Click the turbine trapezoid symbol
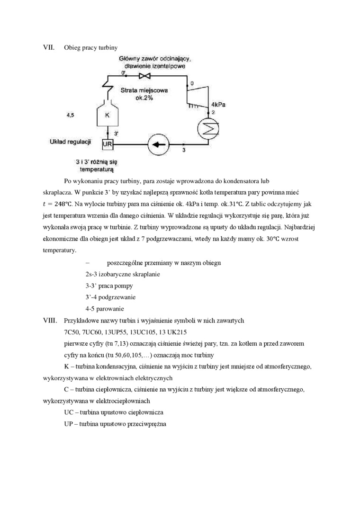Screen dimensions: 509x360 click(x=198, y=95)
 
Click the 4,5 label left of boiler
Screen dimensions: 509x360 click(x=70, y=115)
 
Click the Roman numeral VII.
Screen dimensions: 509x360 click(x=49, y=47)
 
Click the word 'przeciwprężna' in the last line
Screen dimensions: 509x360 click(x=149, y=423)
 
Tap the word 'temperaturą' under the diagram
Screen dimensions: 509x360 click(x=97, y=169)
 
